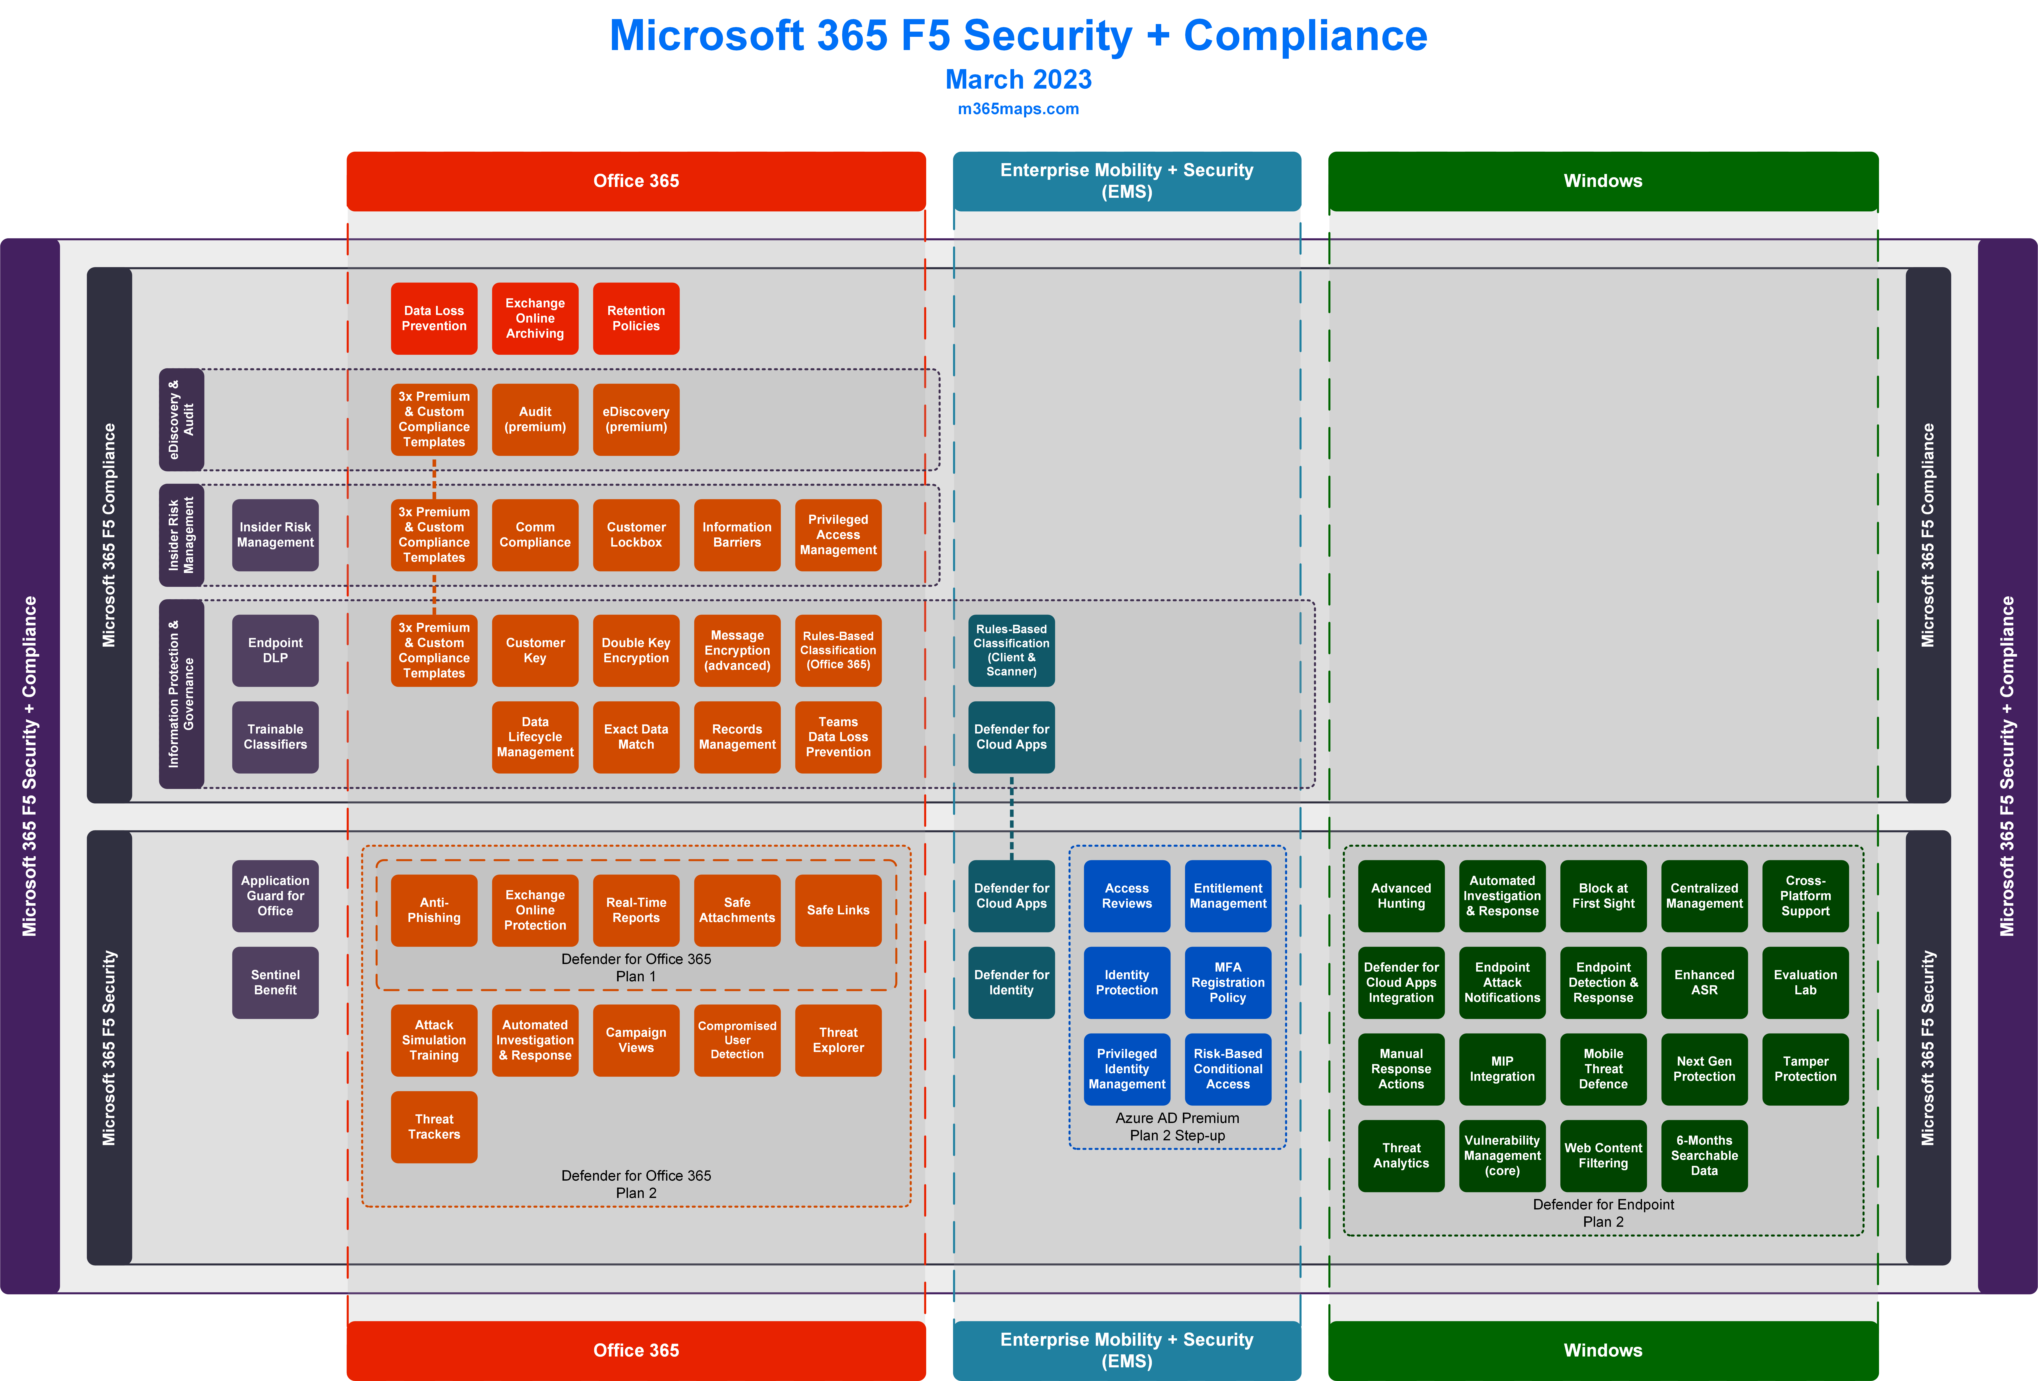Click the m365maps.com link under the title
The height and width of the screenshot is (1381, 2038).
pyautogui.click(x=1018, y=109)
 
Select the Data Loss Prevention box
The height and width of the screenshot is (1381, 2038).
pyautogui.click(x=434, y=318)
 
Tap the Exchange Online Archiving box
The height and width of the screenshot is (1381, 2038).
pyautogui.click(x=535, y=318)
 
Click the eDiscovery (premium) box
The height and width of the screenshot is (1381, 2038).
pyautogui.click(x=636, y=419)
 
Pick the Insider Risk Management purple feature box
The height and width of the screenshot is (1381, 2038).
pyautogui.click(x=275, y=535)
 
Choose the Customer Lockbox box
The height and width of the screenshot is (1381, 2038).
pyautogui.click(x=636, y=535)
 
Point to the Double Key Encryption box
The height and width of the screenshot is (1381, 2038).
pyautogui.click(x=636, y=651)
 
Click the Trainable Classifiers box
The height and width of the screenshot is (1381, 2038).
pyautogui.click(x=275, y=737)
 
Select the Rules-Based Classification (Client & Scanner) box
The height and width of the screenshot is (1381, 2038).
pyautogui.click(x=1011, y=651)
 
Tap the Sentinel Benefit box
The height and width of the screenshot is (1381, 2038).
pyautogui.click(x=275, y=982)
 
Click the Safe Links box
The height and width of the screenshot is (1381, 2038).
pyautogui.click(x=838, y=910)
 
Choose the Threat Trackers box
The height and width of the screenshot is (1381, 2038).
pyautogui.click(x=434, y=1127)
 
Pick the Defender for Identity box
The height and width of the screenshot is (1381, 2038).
pyautogui.click(x=1011, y=982)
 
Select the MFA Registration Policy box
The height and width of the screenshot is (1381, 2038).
pyautogui.click(x=1228, y=982)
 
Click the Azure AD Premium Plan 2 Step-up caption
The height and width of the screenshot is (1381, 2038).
pyautogui.click(x=1177, y=1127)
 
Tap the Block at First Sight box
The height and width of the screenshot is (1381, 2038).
pyautogui.click(x=1603, y=895)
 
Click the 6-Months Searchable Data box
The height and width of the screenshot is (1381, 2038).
pyautogui.click(x=1704, y=1156)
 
